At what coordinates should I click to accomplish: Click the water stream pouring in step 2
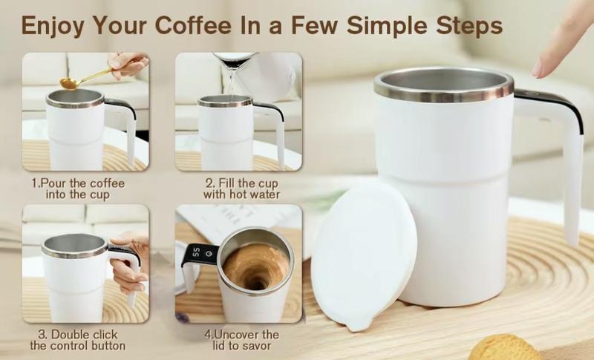229,82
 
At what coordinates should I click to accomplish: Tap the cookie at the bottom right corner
506,347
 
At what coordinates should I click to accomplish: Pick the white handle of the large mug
570,178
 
